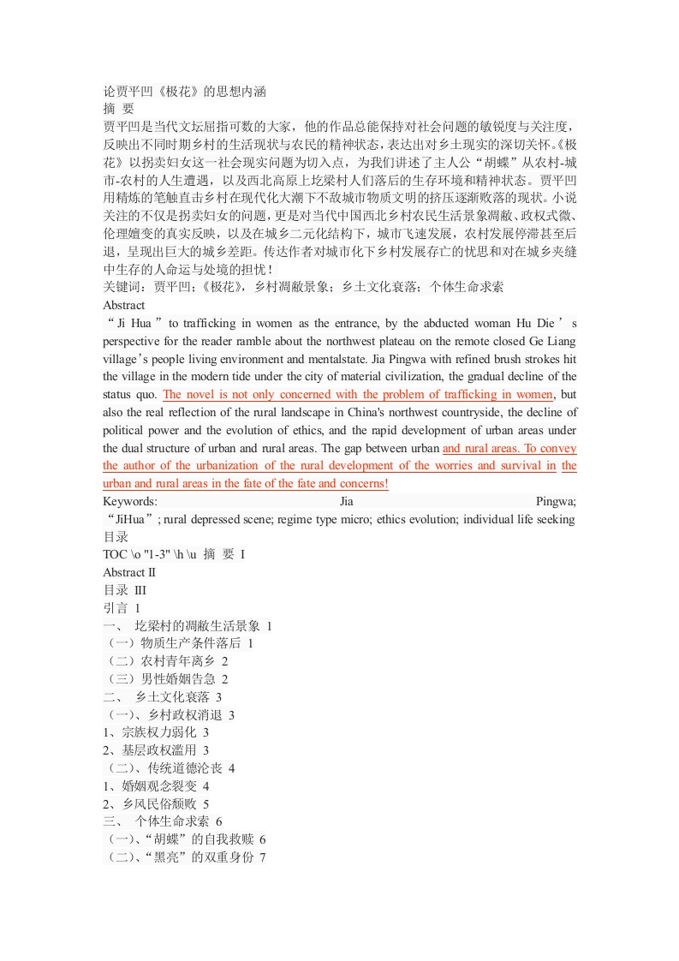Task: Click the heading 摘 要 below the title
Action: pos(119,109)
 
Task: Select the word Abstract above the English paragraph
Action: pos(124,305)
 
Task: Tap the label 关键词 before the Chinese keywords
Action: pos(124,288)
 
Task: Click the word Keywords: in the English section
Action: pos(130,501)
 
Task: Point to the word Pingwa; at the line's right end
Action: pos(555,501)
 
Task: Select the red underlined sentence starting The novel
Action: pos(358,395)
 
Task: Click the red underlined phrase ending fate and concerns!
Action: pos(246,484)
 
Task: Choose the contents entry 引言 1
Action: pos(121,608)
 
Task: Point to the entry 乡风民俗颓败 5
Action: pos(159,804)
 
